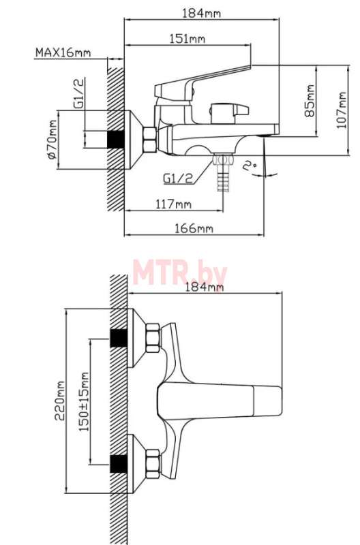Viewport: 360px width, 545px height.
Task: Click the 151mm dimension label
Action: (187, 38)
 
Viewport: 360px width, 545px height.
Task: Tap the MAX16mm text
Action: (63, 52)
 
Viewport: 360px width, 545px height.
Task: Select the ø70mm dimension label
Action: (52, 140)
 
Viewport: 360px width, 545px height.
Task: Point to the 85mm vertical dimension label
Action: (310, 101)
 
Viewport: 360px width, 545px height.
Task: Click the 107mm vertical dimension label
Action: (342, 110)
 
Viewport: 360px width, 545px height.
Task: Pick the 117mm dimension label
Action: (173, 204)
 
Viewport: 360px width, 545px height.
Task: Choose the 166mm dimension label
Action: (194, 228)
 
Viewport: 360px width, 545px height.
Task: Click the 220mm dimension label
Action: (59, 401)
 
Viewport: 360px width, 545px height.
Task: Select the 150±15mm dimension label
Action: (84, 402)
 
